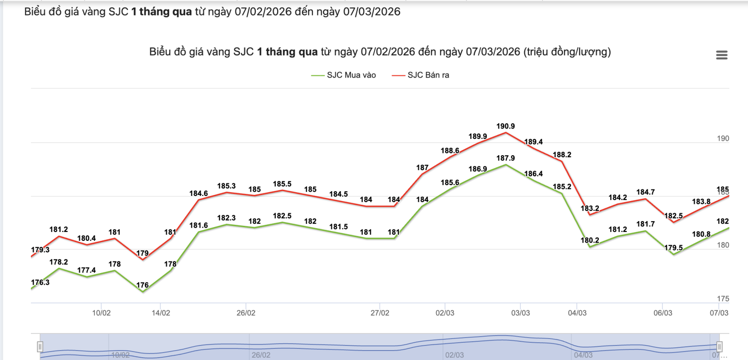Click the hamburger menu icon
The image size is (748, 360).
point(721,55)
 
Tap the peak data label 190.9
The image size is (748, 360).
point(505,126)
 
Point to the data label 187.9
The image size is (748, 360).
point(505,158)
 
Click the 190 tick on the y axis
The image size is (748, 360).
point(723,138)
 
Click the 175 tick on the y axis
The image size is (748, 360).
point(723,299)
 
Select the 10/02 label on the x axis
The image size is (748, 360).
point(101,313)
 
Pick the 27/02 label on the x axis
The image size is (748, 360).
point(380,313)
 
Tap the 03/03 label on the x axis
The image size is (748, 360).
point(520,313)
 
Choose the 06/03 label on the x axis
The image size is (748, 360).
point(662,313)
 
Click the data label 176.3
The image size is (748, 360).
point(40,282)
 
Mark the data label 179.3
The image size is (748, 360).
point(40,250)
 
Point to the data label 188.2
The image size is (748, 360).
point(561,155)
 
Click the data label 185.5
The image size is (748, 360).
point(282,184)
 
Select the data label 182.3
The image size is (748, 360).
point(226,218)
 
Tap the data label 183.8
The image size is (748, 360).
point(701,202)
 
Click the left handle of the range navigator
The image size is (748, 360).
point(40,347)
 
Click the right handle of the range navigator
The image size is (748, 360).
point(719,347)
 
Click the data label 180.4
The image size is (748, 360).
point(86,238)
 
